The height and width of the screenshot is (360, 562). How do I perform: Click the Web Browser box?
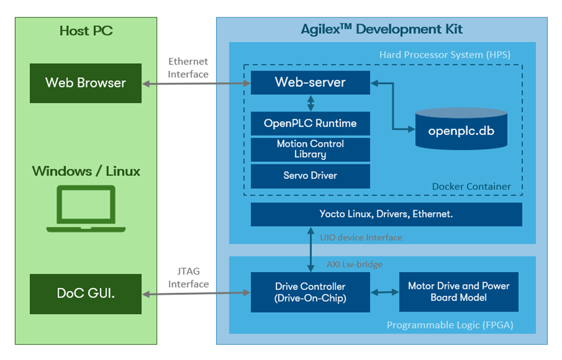(x=85, y=83)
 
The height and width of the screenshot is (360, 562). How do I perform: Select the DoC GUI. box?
(x=85, y=294)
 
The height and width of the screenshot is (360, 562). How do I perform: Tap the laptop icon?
(x=86, y=209)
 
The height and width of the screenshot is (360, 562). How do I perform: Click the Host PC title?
(x=86, y=30)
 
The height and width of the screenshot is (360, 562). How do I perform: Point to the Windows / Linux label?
(x=86, y=171)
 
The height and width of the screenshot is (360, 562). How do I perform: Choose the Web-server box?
(x=310, y=82)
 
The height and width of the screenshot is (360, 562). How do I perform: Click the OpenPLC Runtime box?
(x=310, y=124)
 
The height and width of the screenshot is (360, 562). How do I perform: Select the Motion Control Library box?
(x=310, y=149)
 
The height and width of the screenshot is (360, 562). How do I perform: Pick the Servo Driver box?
(x=310, y=175)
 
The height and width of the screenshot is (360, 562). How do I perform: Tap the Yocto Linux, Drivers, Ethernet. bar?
(x=386, y=214)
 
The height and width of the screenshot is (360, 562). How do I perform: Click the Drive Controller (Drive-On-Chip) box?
(x=310, y=292)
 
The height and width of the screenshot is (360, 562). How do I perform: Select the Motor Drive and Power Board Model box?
(x=458, y=292)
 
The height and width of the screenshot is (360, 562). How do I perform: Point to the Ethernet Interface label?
(x=188, y=68)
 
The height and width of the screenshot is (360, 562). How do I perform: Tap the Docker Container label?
(x=471, y=187)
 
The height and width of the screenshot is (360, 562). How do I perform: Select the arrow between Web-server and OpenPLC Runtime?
(x=310, y=103)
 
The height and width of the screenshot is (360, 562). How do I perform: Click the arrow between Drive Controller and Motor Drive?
(x=384, y=292)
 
